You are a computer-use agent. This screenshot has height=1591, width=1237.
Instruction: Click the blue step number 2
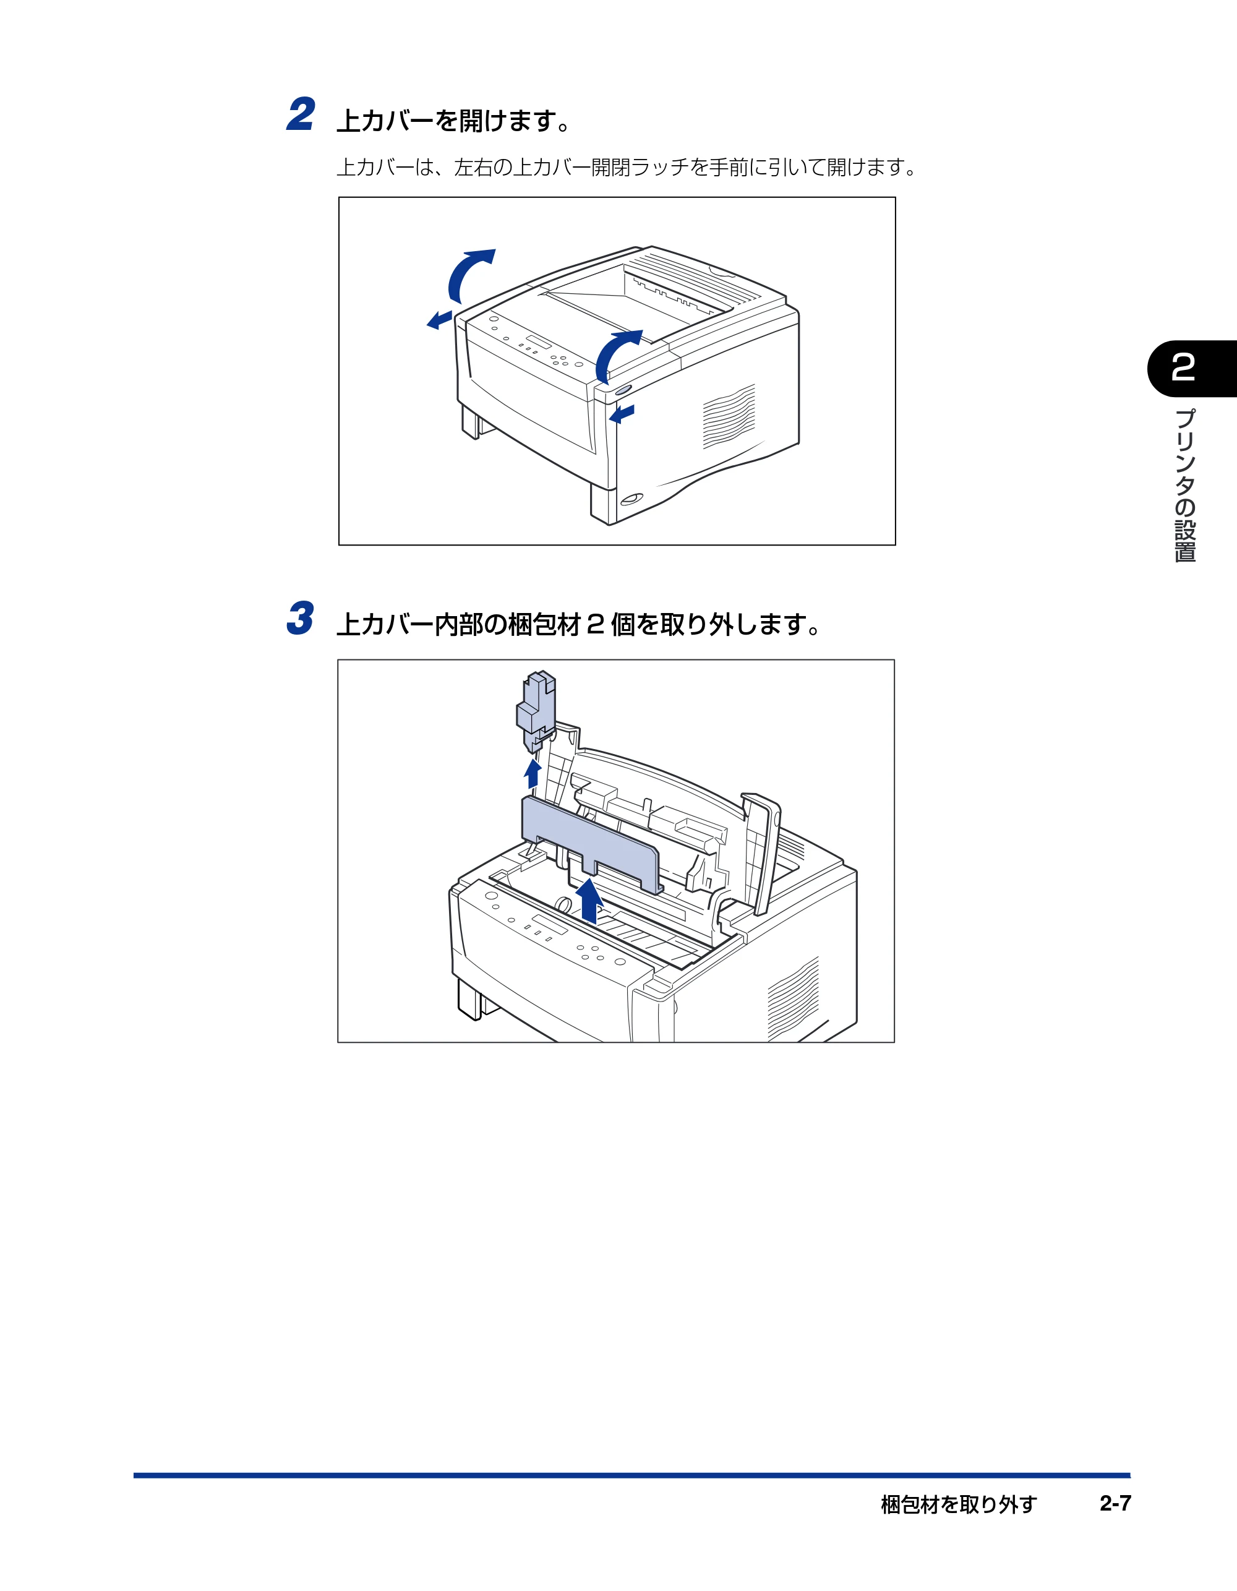[x=301, y=115]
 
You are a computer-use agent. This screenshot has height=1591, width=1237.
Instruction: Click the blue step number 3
[x=300, y=619]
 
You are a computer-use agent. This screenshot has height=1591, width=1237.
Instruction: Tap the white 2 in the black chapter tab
[x=1183, y=368]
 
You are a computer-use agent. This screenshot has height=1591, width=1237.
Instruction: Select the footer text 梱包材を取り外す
[x=958, y=1504]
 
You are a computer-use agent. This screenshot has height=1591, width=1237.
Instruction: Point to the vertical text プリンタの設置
[x=1185, y=485]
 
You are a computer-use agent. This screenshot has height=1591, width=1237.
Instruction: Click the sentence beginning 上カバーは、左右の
[x=627, y=168]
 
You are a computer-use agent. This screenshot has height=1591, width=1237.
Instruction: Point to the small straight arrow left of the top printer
[x=439, y=320]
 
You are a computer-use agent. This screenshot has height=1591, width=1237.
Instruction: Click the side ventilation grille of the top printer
[x=729, y=417]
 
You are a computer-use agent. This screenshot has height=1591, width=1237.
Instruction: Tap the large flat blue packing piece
[x=591, y=842]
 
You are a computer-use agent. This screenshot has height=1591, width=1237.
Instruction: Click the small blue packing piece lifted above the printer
[x=536, y=711]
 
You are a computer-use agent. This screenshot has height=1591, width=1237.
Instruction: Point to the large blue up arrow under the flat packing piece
[x=589, y=901]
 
